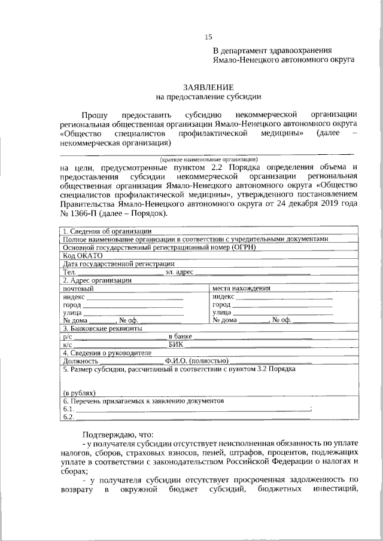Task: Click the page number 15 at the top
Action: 208,37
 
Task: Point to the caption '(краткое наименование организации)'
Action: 208,159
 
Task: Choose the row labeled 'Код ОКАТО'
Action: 83,255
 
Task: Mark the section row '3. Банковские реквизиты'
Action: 102,328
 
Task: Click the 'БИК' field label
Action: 176,345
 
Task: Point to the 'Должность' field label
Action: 80,361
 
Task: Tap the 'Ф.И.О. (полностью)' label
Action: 197,361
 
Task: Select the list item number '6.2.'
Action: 68,417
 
